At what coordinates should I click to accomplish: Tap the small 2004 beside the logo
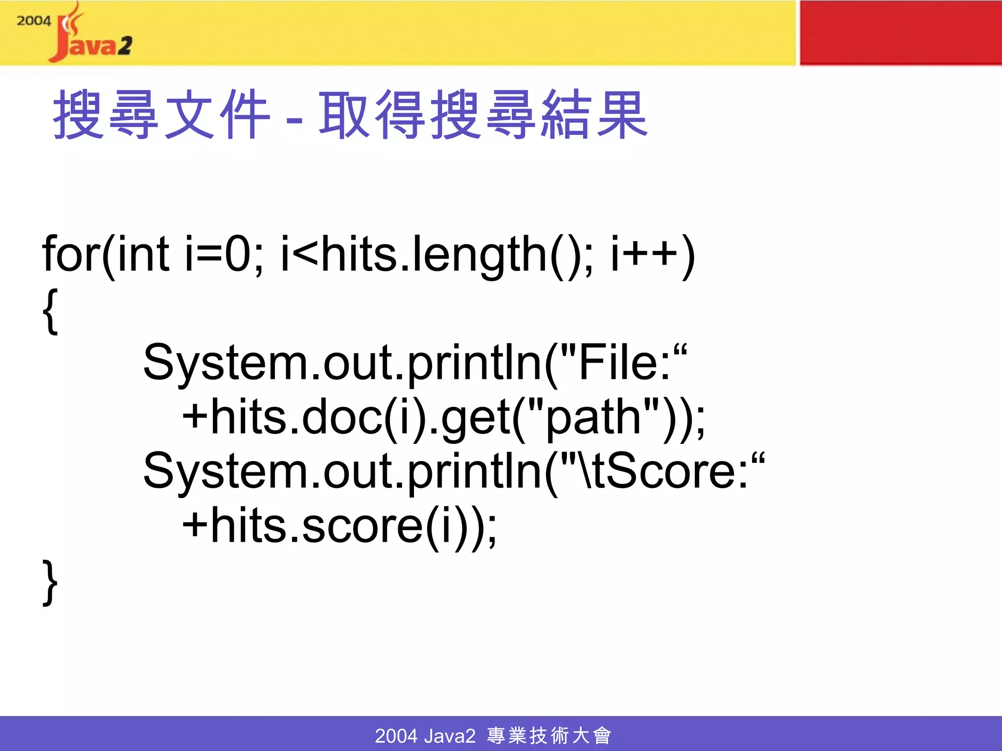33,21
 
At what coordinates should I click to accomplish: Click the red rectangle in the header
900,33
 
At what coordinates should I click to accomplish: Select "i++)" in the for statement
653,254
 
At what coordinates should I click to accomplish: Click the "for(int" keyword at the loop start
106,254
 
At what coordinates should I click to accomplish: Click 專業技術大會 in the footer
549,735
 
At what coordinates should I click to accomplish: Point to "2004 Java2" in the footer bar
425,735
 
